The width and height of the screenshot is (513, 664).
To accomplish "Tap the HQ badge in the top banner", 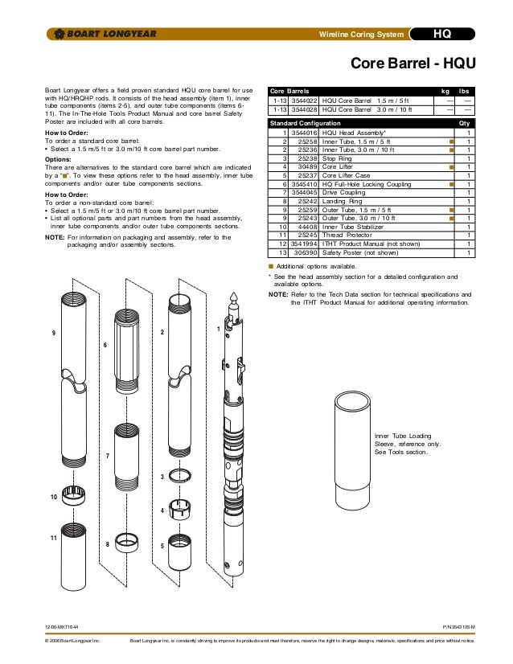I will tap(442, 34).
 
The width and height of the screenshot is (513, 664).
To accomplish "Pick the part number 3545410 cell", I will tap(303, 184).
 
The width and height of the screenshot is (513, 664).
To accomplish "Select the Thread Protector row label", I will tap(350, 235).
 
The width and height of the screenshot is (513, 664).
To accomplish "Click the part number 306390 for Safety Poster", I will tap(303, 252).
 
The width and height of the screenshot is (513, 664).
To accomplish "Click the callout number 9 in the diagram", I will tap(53, 332).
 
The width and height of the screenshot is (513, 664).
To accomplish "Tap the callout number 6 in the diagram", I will tap(105, 345).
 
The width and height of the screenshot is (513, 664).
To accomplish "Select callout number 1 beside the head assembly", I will tap(218, 330).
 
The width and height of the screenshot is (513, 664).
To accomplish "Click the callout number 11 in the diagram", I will tap(53, 537).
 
